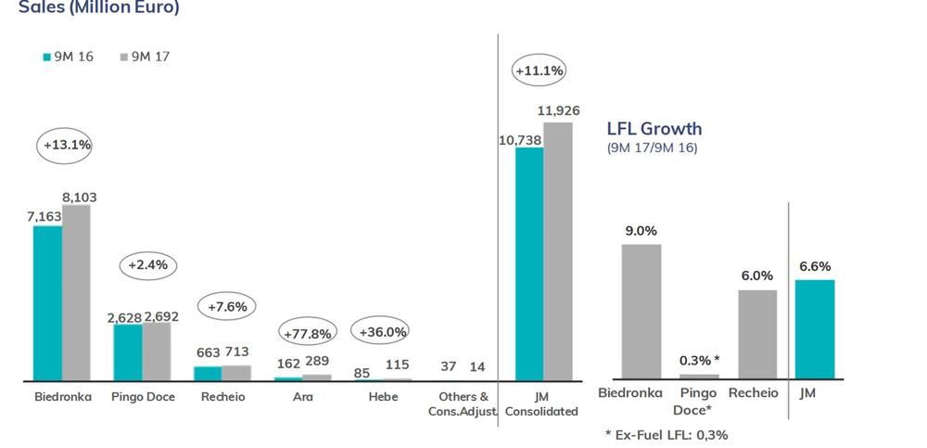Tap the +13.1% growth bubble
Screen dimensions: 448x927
(x=67, y=145)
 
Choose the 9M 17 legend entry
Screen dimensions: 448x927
(x=145, y=57)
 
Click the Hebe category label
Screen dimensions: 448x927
(x=382, y=397)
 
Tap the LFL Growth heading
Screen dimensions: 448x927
(x=654, y=129)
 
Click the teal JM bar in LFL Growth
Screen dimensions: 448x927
(x=816, y=329)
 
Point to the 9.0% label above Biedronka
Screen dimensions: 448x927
(x=641, y=231)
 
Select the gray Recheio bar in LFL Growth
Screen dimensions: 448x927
(x=757, y=334)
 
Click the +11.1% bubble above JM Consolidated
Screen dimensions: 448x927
(x=539, y=70)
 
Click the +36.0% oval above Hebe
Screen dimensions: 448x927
(x=382, y=331)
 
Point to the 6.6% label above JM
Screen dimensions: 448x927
(x=816, y=266)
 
